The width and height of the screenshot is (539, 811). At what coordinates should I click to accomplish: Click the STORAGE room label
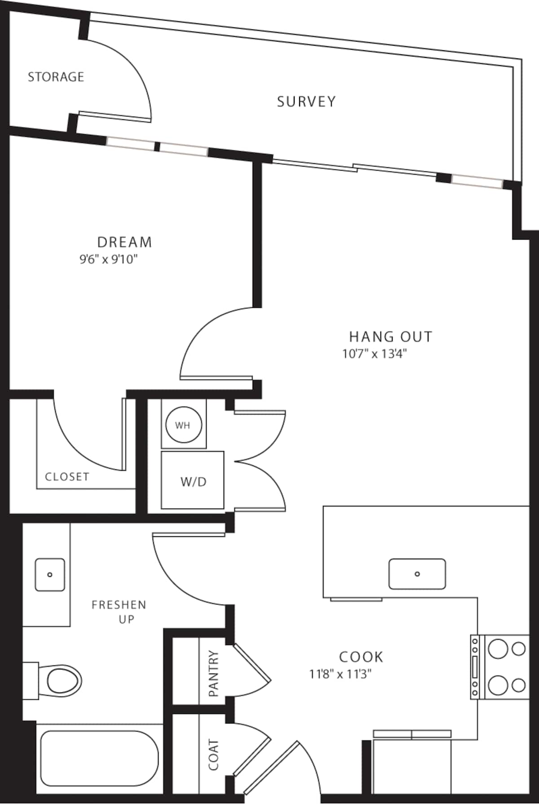click(x=56, y=77)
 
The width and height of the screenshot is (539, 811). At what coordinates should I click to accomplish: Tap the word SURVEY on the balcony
click(x=306, y=102)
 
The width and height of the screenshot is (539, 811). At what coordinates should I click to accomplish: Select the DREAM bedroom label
click(x=124, y=242)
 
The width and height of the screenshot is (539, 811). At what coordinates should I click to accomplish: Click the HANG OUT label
click(x=390, y=337)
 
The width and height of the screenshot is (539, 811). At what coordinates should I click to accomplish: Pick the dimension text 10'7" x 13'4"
click(x=374, y=354)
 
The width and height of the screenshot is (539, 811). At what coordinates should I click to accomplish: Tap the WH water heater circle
click(x=183, y=425)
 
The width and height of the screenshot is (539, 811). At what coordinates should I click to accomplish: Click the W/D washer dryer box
click(x=193, y=481)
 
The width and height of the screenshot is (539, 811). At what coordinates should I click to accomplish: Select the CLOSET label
click(x=67, y=477)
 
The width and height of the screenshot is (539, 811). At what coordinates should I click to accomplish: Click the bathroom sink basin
click(x=50, y=574)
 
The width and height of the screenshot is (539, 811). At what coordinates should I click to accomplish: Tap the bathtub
click(x=99, y=758)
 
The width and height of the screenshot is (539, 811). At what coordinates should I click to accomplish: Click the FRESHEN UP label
click(x=119, y=611)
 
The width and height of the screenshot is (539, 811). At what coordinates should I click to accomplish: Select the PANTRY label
click(x=213, y=674)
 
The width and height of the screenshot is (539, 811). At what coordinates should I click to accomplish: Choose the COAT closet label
click(x=213, y=755)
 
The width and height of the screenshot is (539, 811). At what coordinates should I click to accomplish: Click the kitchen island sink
click(x=417, y=574)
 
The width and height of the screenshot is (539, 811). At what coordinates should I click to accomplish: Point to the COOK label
click(x=361, y=657)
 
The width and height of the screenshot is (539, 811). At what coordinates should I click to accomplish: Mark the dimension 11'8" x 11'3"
click(x=340, y=674)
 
